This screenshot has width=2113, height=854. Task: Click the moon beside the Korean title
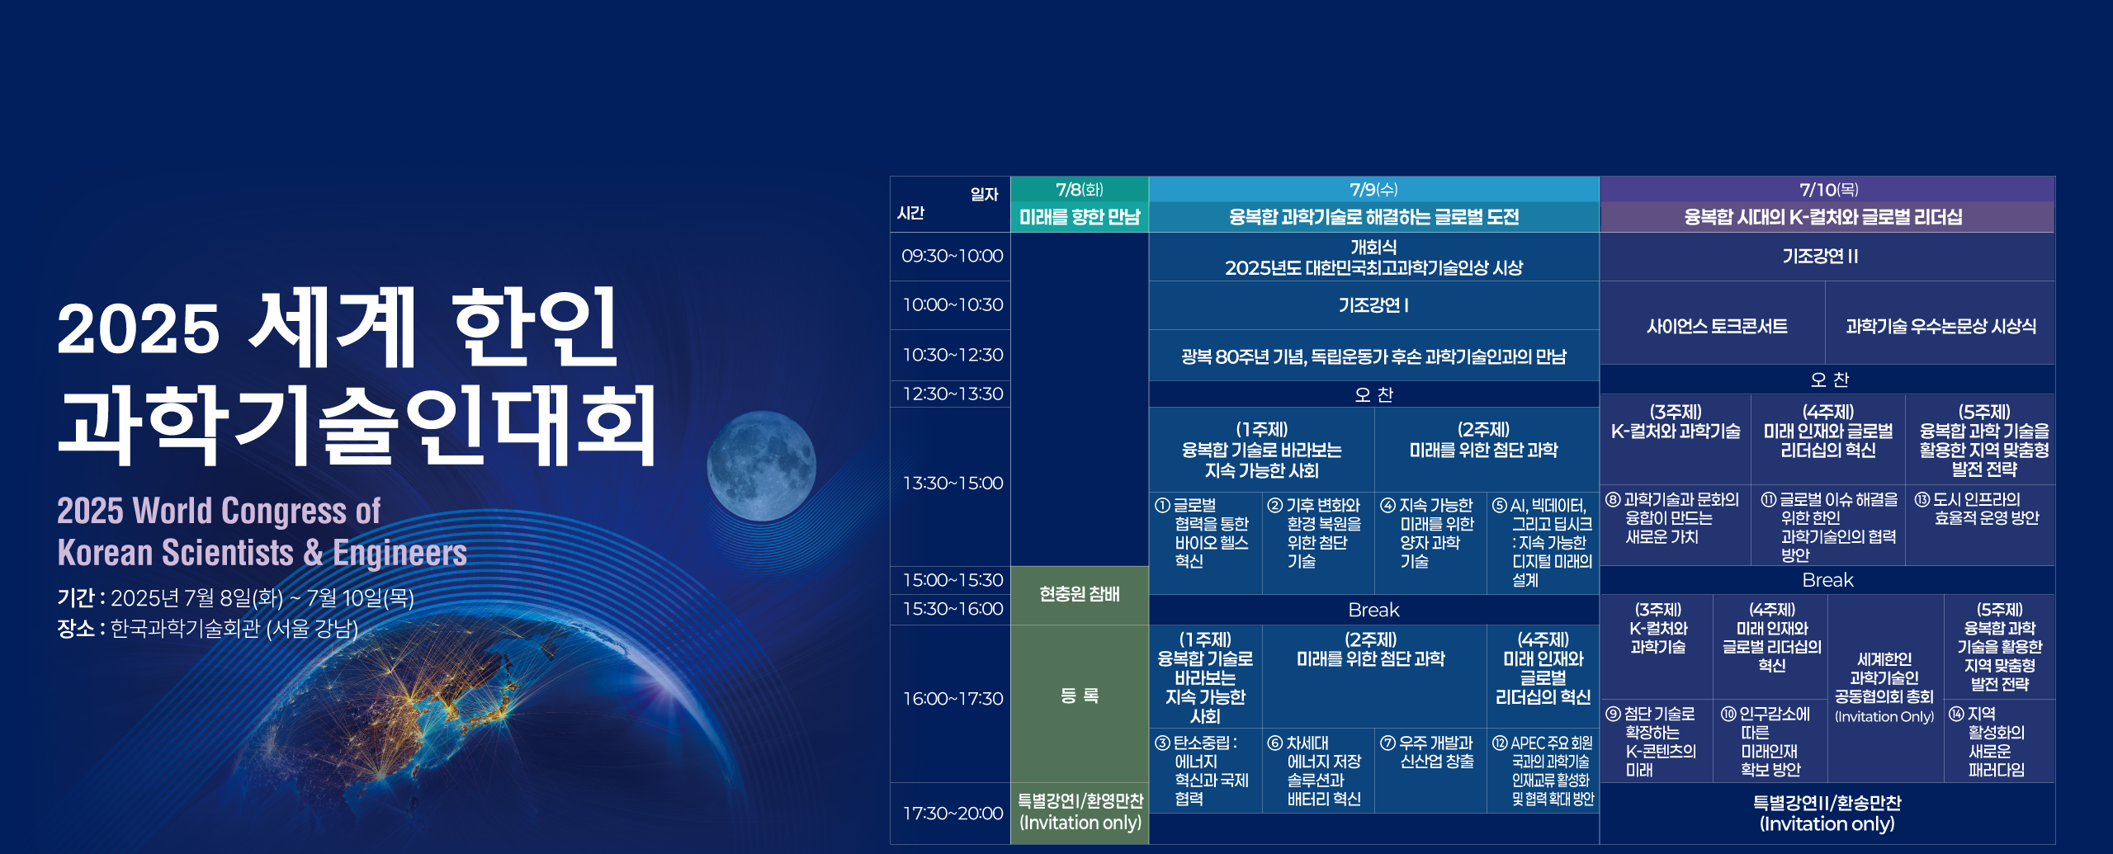pyautogui.click(x=761, y=467)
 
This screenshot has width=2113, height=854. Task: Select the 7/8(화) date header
pyautogui.click(x=1080, y=190)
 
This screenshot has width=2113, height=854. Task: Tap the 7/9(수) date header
pyautogui.click(x=1374, y=190)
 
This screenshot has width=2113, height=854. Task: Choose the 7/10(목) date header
pyautogui.click(x=1827, y=190)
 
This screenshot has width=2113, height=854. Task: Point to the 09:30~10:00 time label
pyautogui.click(x=952, y=256)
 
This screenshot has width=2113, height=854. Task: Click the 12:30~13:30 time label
pyautogui.click(x=952, y=394)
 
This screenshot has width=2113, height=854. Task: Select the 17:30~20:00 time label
pyautogui.click(x=952, y=813)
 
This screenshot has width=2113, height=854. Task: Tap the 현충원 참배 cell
pyautogui.click(x=1080, y=594)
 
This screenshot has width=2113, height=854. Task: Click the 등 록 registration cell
pyautogui.click(x=1080, y=696)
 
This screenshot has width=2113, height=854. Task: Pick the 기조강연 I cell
pyautogui.click(x=1374, y=305)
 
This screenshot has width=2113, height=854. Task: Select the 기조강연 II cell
pyautogui.click(x=1827, y=257)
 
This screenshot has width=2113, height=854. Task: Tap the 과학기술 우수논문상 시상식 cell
pyautogui.click(x=1940, y=326)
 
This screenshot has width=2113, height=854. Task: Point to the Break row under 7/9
pyautogui.click(x=1374, y=610)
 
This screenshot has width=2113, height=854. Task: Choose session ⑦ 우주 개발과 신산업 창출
pyautogui.click(x=1430, y=752)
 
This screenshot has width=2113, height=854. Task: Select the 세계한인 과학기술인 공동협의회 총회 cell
pyautogui.click(x=1884, y=687)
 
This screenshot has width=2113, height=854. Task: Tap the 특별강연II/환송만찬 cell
pyautogui.click(x=1827, y=813)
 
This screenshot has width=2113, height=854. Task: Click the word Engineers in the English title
pyautogui.click(x=400, y=553)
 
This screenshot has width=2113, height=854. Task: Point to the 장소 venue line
pyautogui.click(x=208, y=629)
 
